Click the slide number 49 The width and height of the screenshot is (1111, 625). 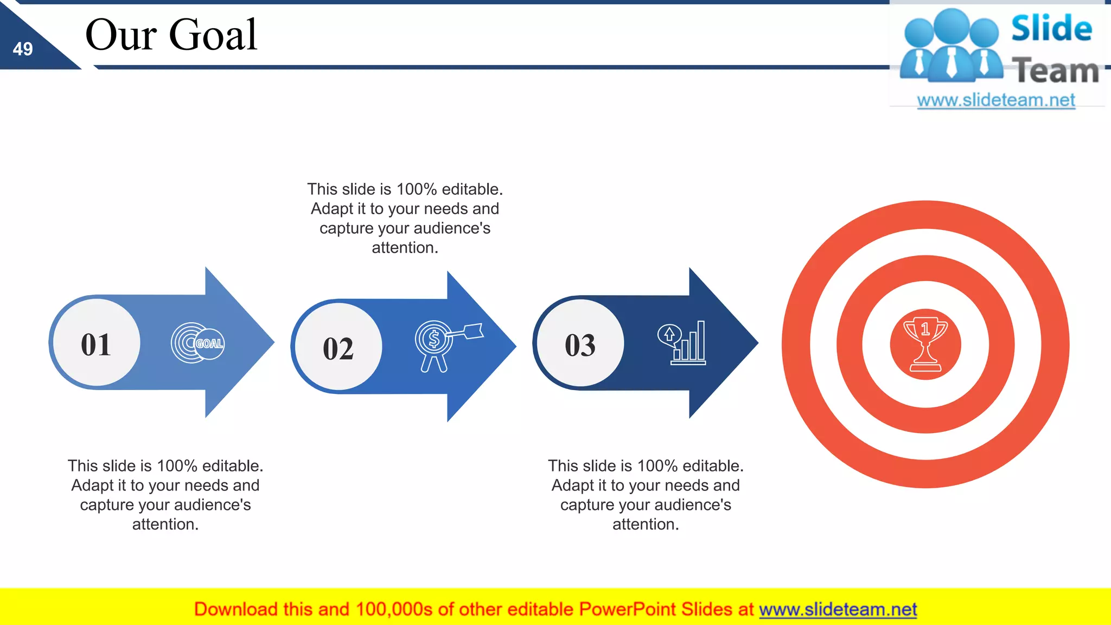click(x=23, y=49)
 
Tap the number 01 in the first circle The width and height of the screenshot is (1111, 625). click(x=96, y=345)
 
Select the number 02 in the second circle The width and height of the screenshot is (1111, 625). click(x=338, y=349)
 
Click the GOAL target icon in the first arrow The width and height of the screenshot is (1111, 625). click(x=198, y=343)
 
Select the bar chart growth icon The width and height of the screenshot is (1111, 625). click(x=683, y=343)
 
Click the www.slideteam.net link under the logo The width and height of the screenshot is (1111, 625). click(x=995, y=100)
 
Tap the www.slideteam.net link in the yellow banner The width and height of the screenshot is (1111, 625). click(x=838, y=609)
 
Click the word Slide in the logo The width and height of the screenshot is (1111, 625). click(x=1051, y=29)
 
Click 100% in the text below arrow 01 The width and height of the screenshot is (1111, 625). click(x=177, y=466)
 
